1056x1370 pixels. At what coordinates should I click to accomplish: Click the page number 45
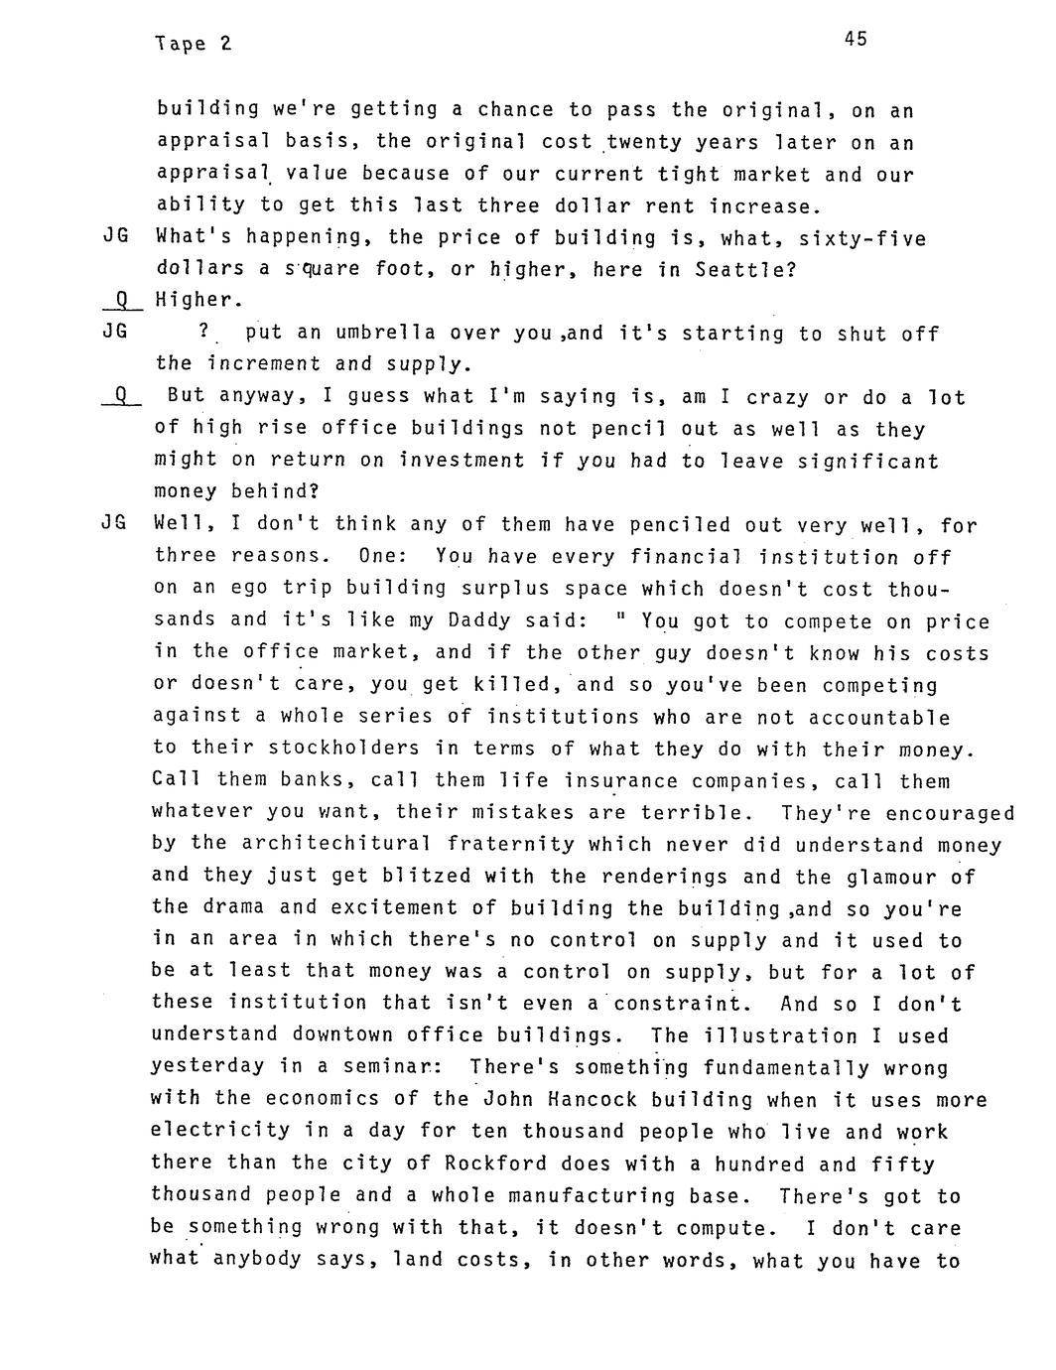856,40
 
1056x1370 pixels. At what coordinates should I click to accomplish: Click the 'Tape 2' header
193,45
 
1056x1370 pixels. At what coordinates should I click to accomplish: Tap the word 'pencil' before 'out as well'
602,429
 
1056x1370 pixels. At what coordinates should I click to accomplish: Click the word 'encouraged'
950,814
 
